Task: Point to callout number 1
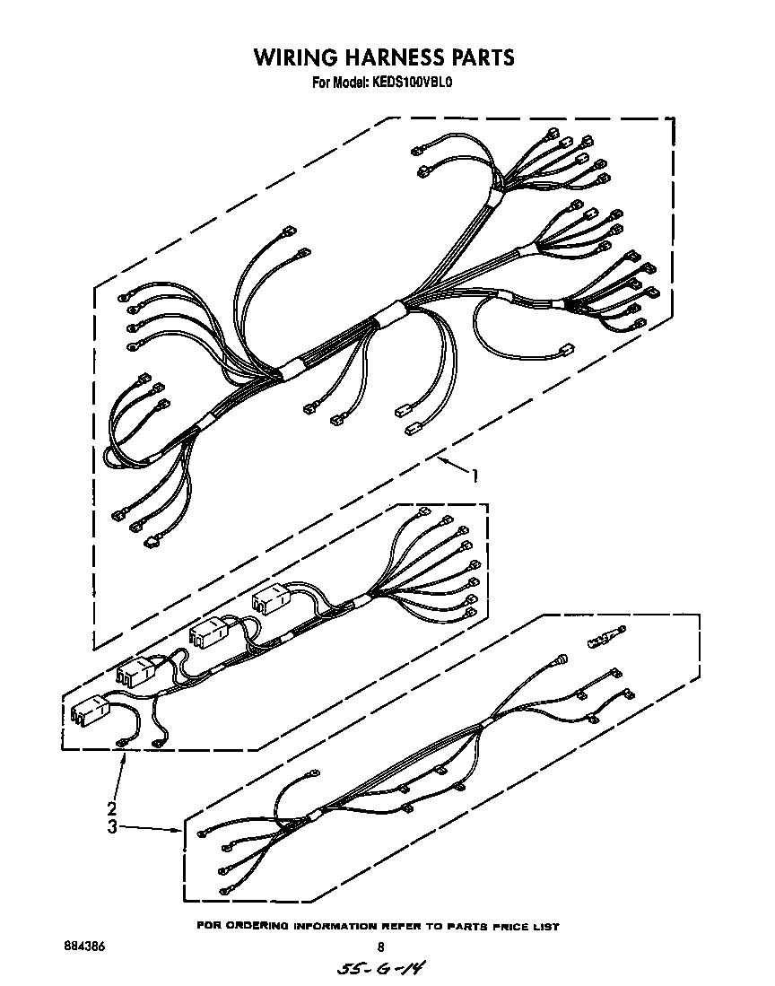[475, 476]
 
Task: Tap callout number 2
[113, 806]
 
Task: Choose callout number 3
[113, 827]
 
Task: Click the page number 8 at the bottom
[380, 947]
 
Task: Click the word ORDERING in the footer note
[266, 926]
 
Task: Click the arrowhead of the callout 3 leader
[179, 831]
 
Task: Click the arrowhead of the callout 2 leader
[125, 758]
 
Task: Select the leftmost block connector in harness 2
[89, 711]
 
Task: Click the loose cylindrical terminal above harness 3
[603, 639]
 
